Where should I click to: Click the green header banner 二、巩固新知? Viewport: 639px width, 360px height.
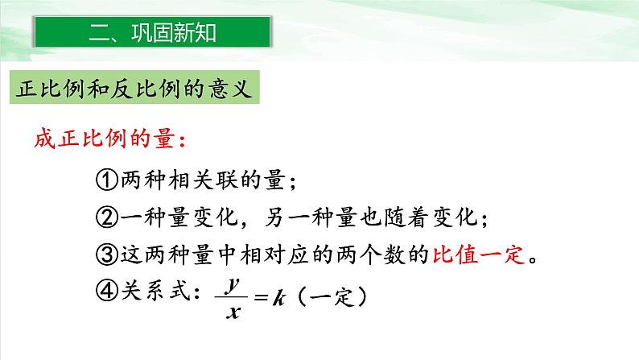(151, 34)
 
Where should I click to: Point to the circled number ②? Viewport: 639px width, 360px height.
(107, 218)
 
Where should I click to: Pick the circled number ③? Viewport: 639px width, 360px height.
(107, 257)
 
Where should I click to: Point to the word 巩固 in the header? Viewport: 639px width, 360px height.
(150, 34)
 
